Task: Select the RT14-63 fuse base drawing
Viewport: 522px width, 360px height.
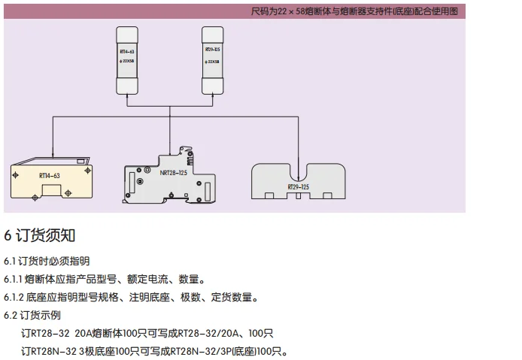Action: (x=49, y=180)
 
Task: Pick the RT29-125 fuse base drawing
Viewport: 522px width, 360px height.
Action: (x=299, y=181)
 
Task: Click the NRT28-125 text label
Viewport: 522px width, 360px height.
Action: (x=173, y=173)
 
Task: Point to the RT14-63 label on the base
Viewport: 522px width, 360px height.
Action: (x=49, y=176)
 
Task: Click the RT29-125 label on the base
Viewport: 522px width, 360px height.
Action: (x=299, y=186)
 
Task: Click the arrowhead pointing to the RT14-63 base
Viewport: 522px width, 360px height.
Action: (x=52, y=155)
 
